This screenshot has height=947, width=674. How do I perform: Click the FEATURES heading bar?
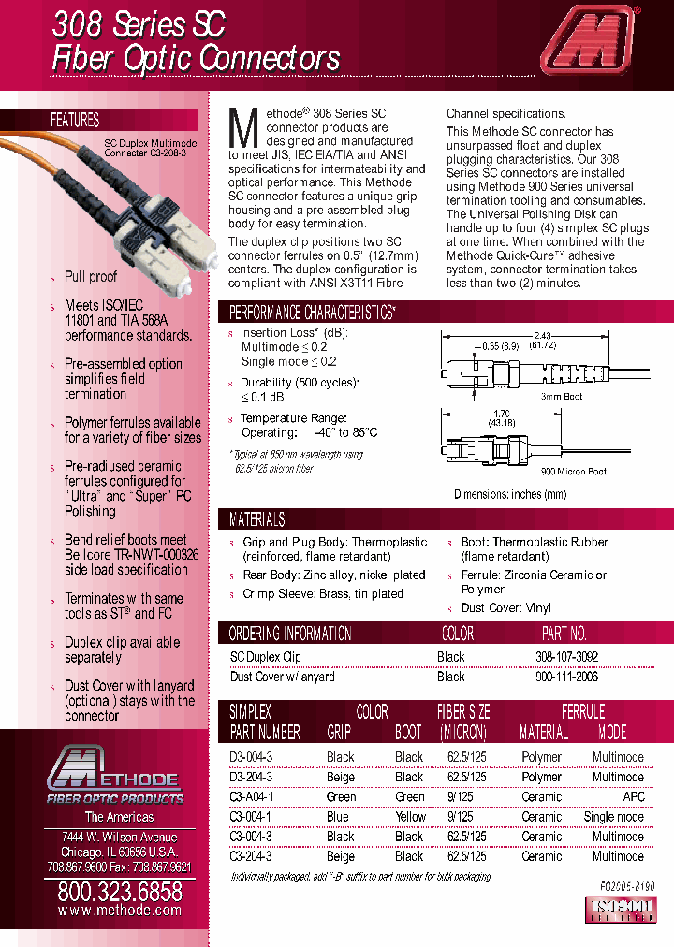pyautogui.click(x=75, y=120)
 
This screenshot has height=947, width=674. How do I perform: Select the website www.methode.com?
pyautogui.click(x=120, y=910)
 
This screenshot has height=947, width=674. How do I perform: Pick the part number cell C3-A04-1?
pyautogui.click(x=252, y=796)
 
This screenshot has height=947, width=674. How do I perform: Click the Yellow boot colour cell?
pyautogui.click(x=409, y=816)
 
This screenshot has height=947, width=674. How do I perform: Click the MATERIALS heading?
pyautogui.click(x=257, y=519)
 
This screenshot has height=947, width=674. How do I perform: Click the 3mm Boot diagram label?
pyautogui.click(x=562, y=397)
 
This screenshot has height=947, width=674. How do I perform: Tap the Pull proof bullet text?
pyautogui.click(x=91, y=277)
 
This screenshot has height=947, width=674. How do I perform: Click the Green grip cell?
pyautogui.click(x=341, y=796)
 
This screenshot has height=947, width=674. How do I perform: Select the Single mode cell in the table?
pyautogui.click(x=613, y=816)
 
